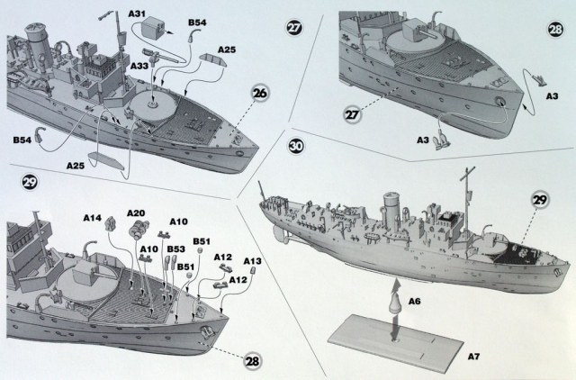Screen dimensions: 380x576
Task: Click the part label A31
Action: pyautogui.click(x=139, y=14)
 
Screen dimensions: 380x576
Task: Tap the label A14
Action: pyautogui.click(x=94, y=217)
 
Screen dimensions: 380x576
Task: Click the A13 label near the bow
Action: pyautogui.click(x=254, y=261)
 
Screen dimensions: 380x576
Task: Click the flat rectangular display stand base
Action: pyautogui.click(x=397, y=347)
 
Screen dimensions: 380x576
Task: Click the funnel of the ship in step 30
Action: pyautogui.click(x=393, y=210)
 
